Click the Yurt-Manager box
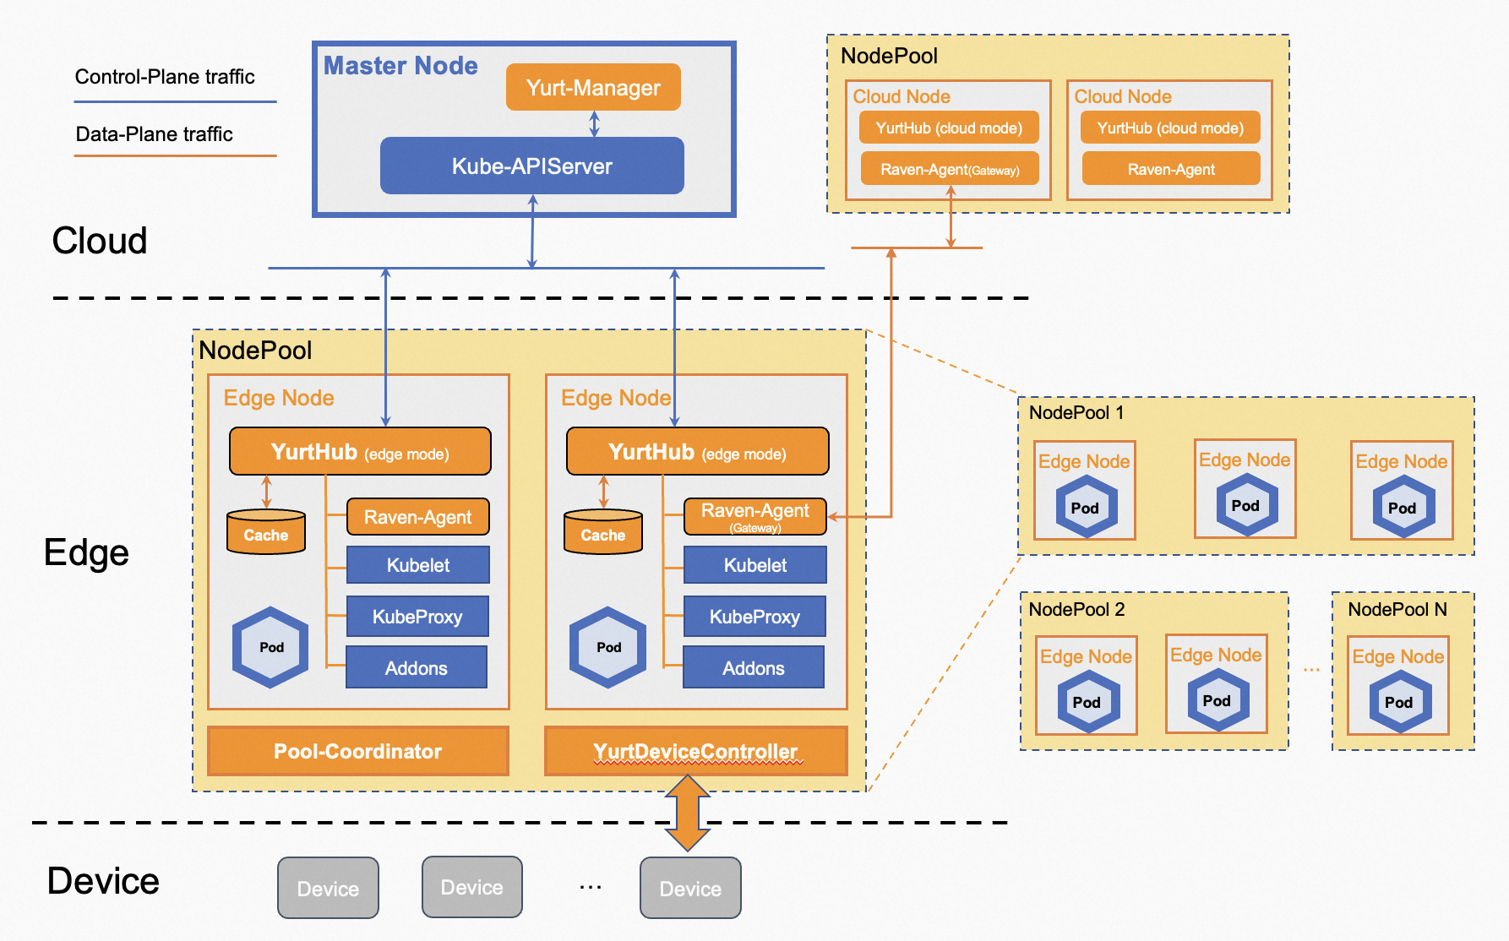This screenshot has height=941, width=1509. click(593, 87)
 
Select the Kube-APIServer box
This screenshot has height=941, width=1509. click(531, 166)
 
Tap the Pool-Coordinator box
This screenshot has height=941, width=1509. click(357, 751)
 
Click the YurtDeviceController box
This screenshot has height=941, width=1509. click(695, 751)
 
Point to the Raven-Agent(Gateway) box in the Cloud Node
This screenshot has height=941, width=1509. click(950, 169)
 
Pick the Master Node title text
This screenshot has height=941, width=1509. click(400, 66)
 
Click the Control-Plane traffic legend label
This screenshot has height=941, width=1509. click(165, 77)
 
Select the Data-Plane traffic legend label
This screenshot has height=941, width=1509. click(154, 134)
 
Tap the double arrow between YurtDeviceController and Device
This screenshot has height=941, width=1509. click(688, 812)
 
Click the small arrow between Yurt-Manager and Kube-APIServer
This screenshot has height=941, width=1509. click(594, 124)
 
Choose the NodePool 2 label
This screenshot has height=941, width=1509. click(1076, 609)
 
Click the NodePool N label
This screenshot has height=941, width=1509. click(1397, 609)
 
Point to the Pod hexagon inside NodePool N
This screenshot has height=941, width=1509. click(1399, 702)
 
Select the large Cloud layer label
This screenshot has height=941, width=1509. click(100, 241)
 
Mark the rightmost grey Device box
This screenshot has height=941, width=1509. click(690, 888)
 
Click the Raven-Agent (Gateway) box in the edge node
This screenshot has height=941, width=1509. click(755, 516)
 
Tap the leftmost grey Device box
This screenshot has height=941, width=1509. click(328, 888)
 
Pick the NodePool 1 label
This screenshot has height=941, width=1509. click(1076, 412)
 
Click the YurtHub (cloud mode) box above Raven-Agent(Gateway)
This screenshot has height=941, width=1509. click(949, 128)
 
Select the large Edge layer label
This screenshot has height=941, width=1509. click(86, 552)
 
